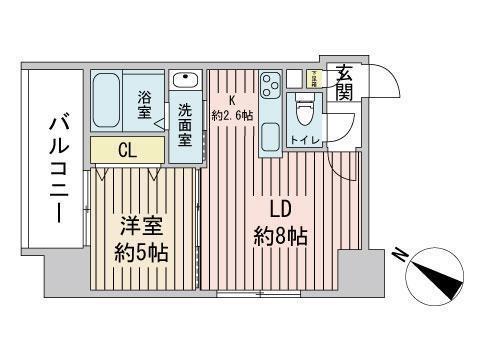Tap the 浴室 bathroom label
tap(144, 104)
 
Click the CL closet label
tap(127, 150)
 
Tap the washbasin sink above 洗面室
tap(186, 81)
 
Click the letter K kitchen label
tap(231, 100)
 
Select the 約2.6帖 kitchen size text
tap(231, 116)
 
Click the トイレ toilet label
tap(305, 141)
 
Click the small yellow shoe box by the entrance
tap(313, 77)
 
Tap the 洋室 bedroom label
tap(140, 226)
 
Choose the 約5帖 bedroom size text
tap(140, 250)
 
